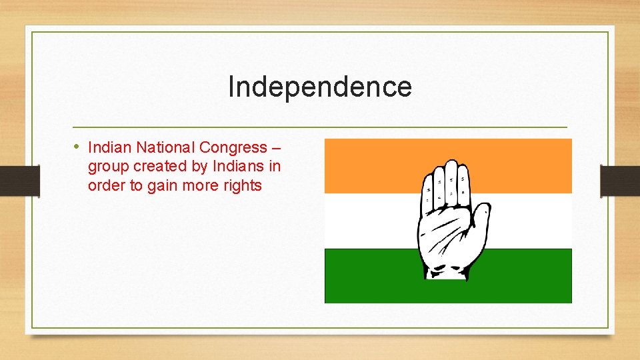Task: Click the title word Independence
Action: (x=320, y=87)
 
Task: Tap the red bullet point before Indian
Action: (x=77, y=146)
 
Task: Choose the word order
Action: (x=106, y=185)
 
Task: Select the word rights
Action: (x=241, y=185)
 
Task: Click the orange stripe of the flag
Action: (x=373, y=165)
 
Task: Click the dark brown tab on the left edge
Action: (x=19, y=180)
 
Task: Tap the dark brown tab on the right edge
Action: (x=620, y=180)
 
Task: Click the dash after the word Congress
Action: (x=277, y=147)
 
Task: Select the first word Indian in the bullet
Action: (x=108, y=147)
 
